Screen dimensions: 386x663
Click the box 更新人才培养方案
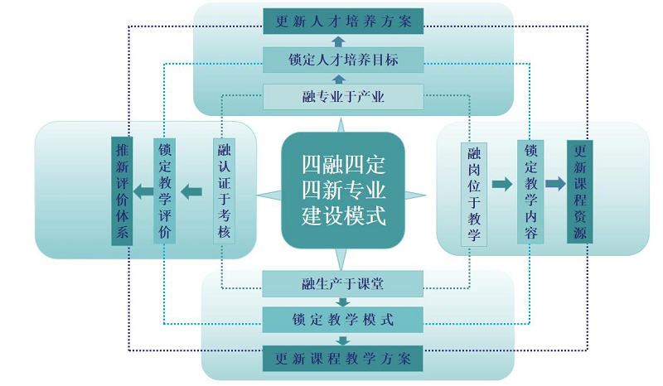pyautogui.click(x=343, y=22)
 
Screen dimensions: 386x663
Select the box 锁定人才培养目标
pyautogui.click(x=343, y=60)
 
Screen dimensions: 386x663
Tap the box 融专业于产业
pyautogui.click(x=343, y=97)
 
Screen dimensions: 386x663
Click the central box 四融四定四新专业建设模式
pyautogui.click(x=342, y=190)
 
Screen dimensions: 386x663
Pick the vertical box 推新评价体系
pyautogui.click(x=123, y=191)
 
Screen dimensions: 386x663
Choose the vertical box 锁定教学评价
pyautogui.click(x=165, y=191)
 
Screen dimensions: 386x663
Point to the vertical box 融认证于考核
pyautogui.click(x=224, y=191)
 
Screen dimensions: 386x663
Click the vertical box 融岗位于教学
pyautogui.click(x=474, y=192)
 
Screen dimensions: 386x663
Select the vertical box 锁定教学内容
pyautogui.click(x=530, y=192)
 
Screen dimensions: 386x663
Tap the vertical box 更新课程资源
pyautogui.click(x=580, y=192)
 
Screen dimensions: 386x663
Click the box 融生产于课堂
pyautogui.click(x=343, y=284)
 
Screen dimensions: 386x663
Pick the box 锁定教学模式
pyautogui.click(x=343, y=320)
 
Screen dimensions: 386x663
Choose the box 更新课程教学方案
pyautogui.click(x=343, y=359)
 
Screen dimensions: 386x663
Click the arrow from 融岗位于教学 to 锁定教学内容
pyautogui.click(x=502, y=184)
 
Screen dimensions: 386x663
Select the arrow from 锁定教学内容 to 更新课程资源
pyautogui.click(x=555, y=184)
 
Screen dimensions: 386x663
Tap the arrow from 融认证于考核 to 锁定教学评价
pyautogui.click(x=191, y=192)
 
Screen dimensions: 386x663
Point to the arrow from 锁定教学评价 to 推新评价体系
pyautogui.click(x=143, y=192)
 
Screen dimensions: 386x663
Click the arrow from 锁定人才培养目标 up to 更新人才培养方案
pyautogui.click(x=338, y=41)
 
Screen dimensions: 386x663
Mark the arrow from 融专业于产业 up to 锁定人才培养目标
pyautogui.click(x=338, y=79)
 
